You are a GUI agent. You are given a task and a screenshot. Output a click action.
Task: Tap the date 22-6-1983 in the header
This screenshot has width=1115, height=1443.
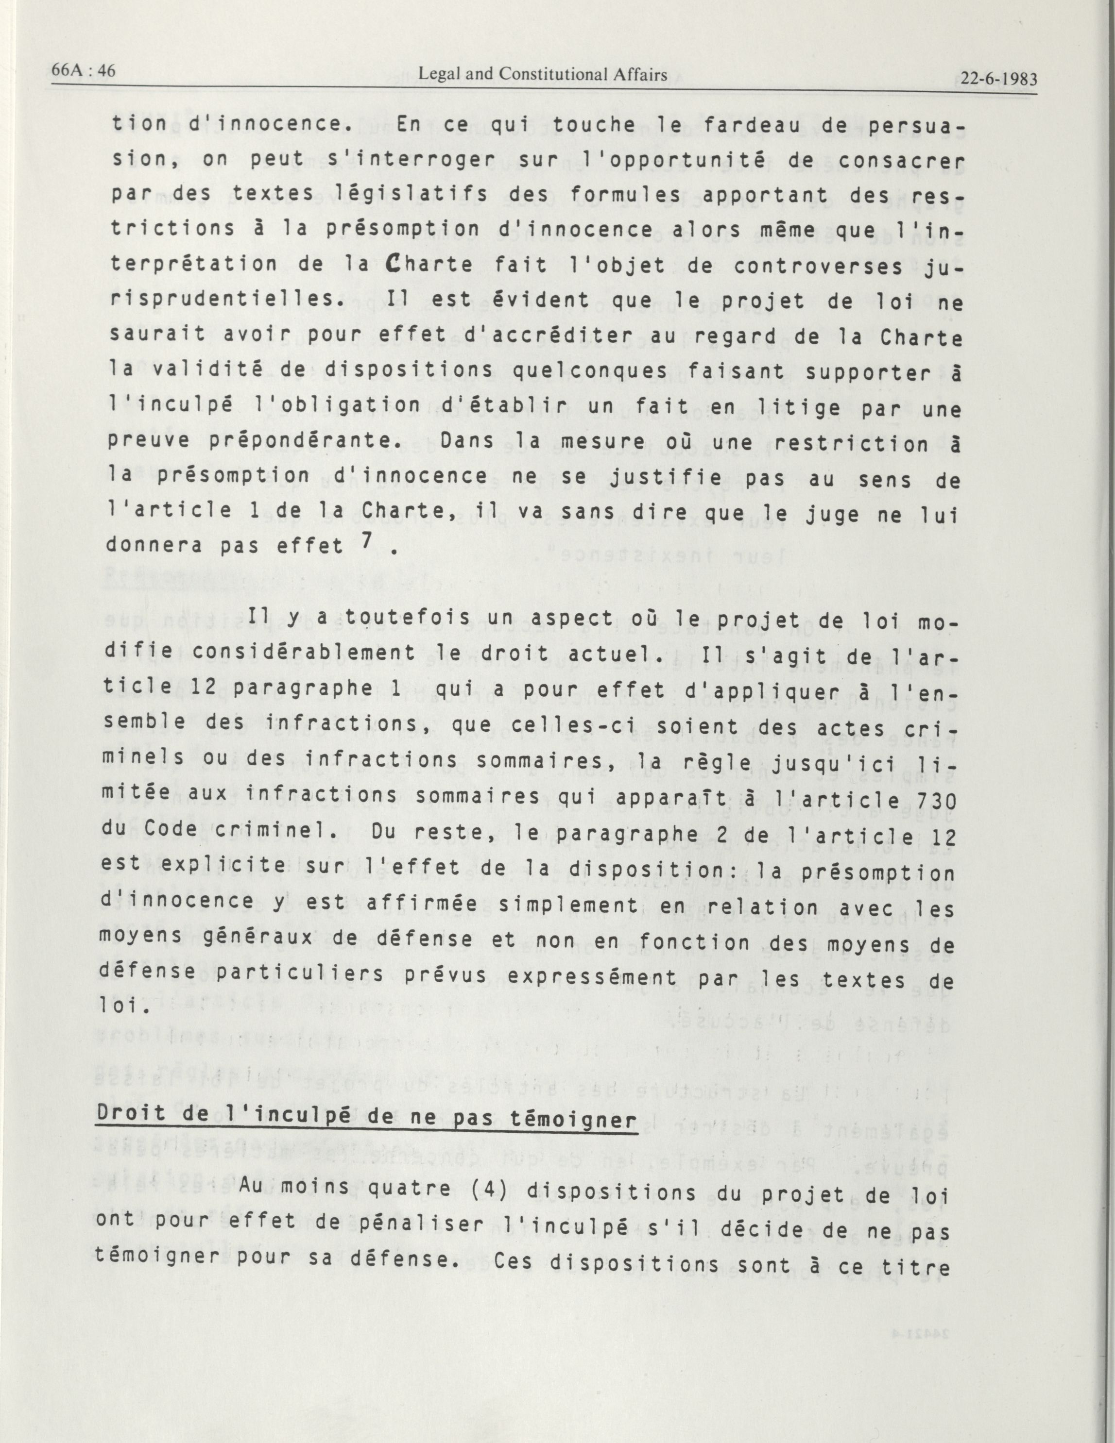coord(998,79)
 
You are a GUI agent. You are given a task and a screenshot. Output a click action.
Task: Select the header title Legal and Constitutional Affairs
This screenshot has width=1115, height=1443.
coord(543,75)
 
